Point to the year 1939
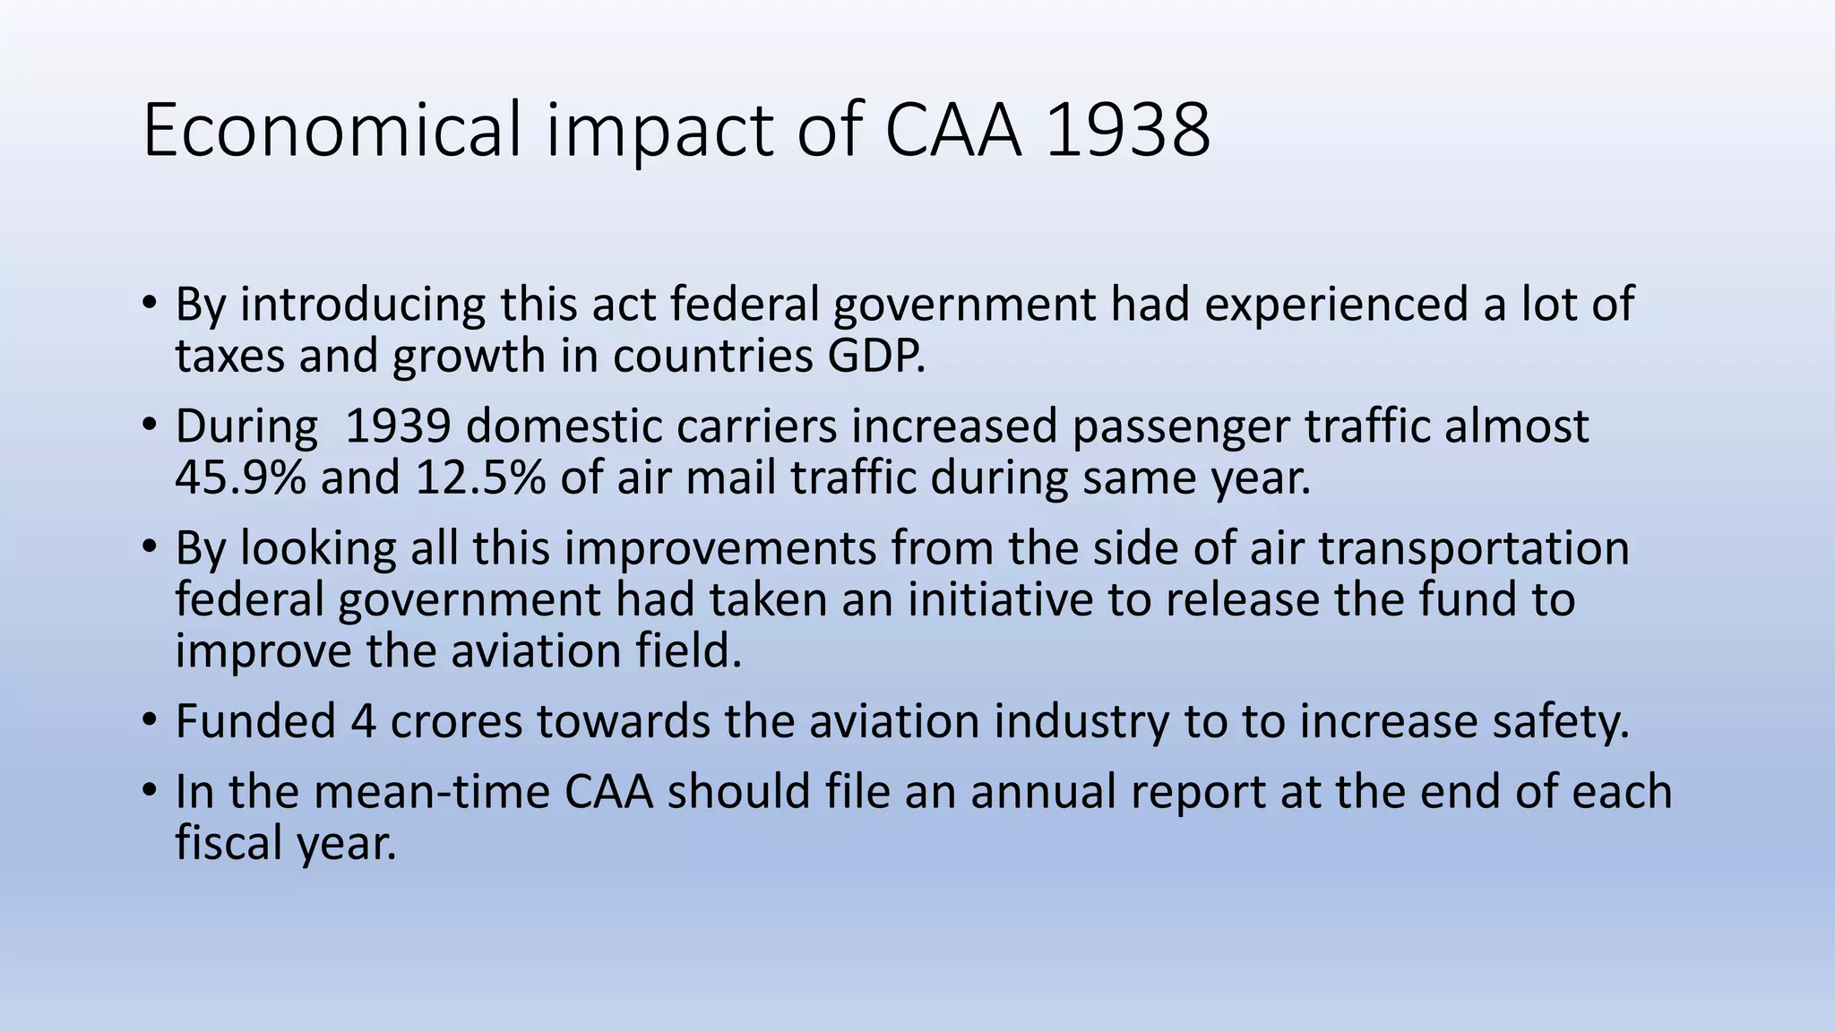pos(397,426)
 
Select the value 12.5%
pos(480,477)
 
